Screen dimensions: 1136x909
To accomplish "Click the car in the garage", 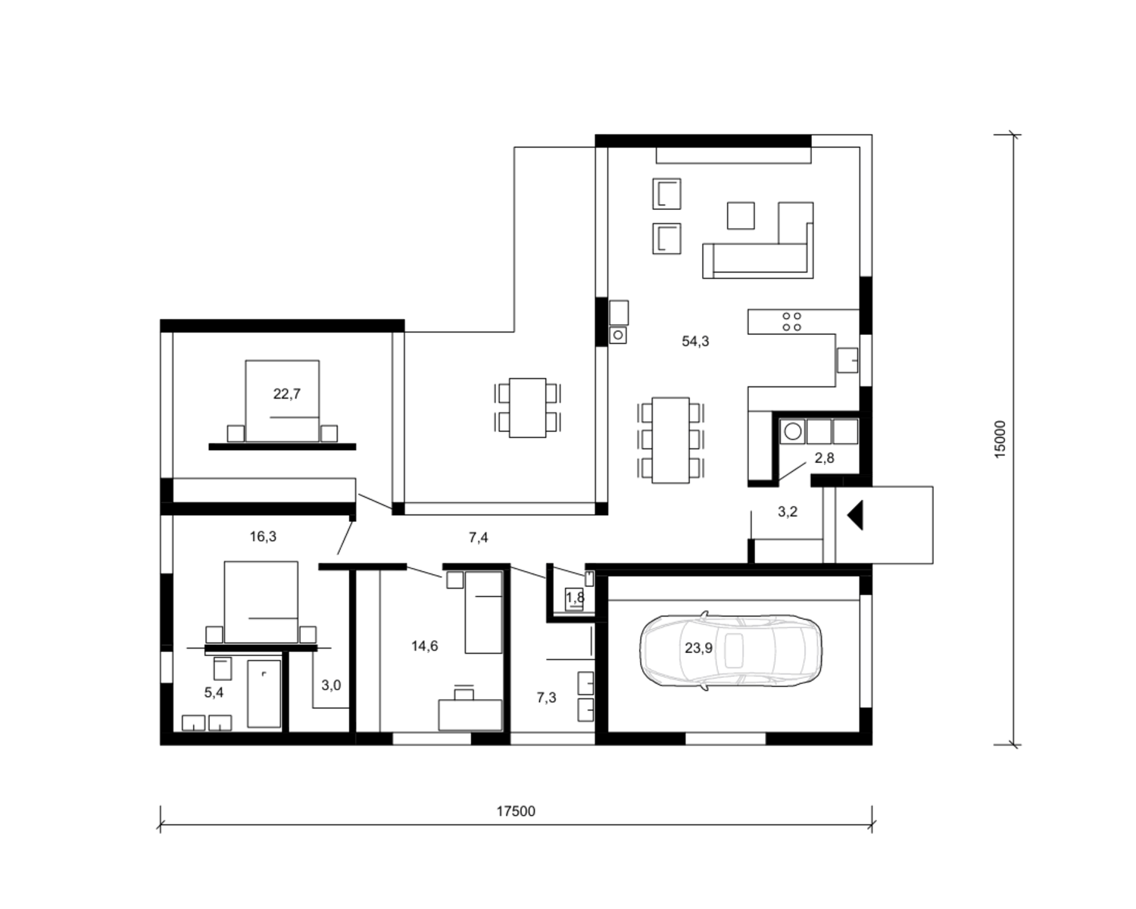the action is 730,650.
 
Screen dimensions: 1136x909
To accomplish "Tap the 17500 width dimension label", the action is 515,811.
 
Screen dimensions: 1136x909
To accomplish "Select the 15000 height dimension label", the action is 1000,439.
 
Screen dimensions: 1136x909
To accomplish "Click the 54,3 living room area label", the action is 695,341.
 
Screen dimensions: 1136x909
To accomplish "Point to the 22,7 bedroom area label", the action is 286,393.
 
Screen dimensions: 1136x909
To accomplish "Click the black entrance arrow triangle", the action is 855,515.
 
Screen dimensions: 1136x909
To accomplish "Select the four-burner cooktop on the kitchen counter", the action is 792,322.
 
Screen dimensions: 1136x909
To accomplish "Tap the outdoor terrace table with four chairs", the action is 527,408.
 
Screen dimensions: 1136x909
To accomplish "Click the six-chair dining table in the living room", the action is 670,441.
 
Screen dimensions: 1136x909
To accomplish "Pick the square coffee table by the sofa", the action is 741,215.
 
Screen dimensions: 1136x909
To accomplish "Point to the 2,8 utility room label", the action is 824,458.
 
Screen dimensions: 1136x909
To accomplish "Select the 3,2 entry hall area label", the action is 787,511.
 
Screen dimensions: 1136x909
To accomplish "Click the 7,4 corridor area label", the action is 479,538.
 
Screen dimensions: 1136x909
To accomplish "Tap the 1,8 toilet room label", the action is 575,598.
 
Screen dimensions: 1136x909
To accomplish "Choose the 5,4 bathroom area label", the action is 214,692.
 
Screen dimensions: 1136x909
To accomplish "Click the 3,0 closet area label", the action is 331,685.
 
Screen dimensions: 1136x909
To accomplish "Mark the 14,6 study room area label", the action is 424,646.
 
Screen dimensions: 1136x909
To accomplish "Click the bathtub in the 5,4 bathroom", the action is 264,693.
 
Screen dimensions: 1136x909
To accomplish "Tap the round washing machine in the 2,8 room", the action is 792,431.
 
